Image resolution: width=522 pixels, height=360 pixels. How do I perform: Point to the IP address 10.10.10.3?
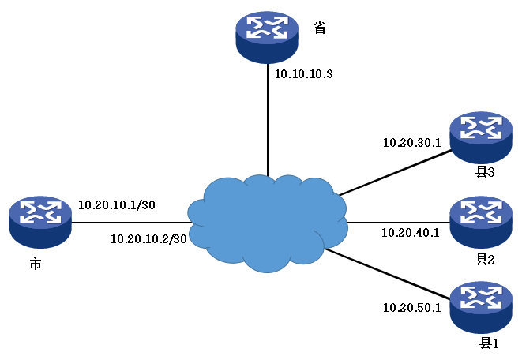[x=304, y=74]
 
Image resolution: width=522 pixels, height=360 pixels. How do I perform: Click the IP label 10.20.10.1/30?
[x=116, y=204]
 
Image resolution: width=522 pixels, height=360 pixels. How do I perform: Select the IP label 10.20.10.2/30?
[x=149, y=238]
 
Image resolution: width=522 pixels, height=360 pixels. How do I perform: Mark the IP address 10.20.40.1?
[x=411, y=232]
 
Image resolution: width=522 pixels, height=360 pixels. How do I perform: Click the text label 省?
[x=320, y=29]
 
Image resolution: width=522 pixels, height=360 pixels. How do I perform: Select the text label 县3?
[x=484, y=172]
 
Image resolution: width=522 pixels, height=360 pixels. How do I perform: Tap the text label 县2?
[x=484, y=257]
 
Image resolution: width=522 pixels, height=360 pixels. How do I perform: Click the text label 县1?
[x=490, y=343]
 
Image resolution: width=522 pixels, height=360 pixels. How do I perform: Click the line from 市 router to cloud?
[x=130, y=222]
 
